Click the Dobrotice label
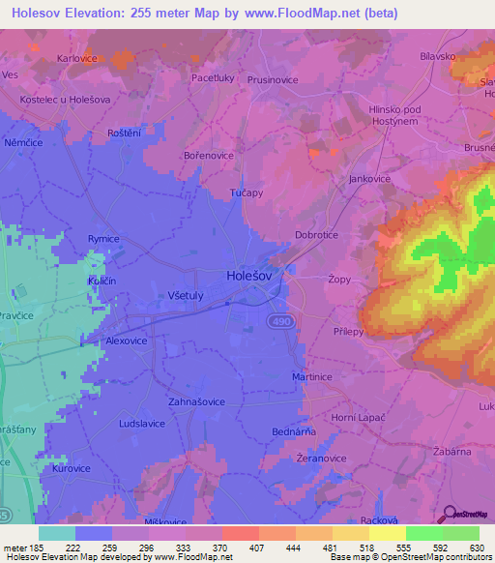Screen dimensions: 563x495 318,235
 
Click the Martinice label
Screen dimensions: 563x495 312,377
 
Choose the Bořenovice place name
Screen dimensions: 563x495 208,154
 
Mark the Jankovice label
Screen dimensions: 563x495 368,179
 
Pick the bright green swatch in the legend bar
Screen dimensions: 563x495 424,533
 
